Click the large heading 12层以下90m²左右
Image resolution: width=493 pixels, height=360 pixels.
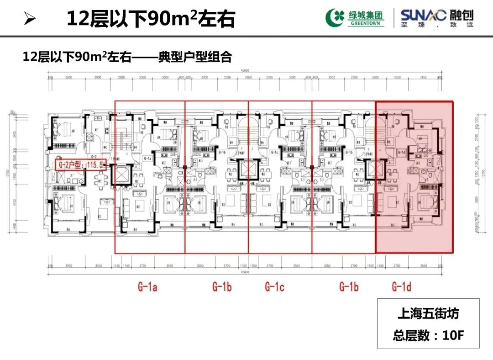(151, 20)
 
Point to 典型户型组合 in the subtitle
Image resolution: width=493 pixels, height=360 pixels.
(196, 57)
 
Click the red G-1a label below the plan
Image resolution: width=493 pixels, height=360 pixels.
(147, 287)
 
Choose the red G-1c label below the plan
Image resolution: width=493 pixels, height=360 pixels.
(274, 287)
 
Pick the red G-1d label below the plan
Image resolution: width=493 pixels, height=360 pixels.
(401, 287)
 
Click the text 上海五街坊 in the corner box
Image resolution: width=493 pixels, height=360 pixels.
(428, 314)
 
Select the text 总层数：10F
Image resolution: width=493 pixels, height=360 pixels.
(428, 336)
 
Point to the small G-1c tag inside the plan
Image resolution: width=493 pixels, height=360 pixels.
(274, 152)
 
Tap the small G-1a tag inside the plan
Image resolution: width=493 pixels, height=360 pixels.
(147, 158)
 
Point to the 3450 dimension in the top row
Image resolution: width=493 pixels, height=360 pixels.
(423, 78)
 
